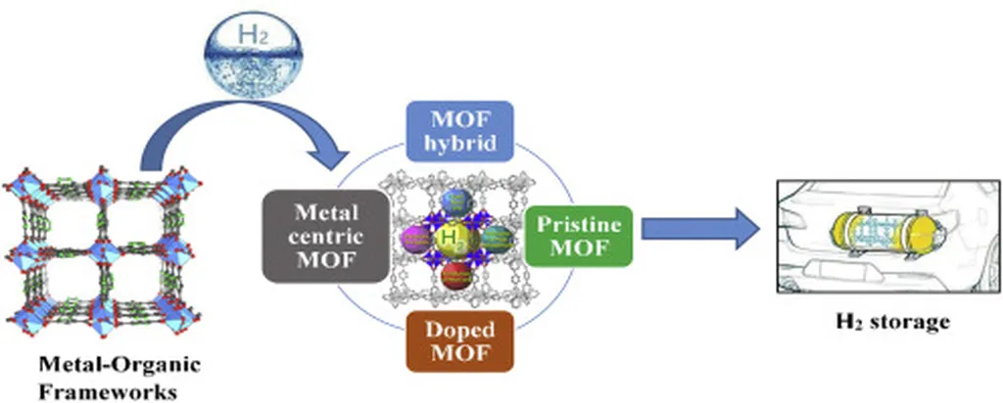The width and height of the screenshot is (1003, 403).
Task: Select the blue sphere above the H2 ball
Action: pos(454,202)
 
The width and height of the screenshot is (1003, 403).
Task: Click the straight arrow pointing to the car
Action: pos(699,229)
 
